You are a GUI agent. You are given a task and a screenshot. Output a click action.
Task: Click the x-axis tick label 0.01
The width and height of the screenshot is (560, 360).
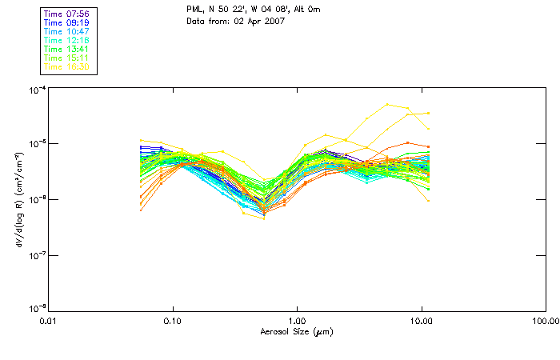[49, 320]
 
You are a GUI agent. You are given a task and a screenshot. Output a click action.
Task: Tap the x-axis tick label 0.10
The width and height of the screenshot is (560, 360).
[173, 320]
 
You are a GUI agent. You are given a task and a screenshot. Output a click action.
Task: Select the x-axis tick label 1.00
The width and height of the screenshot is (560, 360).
[297, 320]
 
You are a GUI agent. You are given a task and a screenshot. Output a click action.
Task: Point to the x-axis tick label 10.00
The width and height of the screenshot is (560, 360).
[421, 320]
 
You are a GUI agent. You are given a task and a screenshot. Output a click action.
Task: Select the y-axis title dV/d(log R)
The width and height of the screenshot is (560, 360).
[17, 199]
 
